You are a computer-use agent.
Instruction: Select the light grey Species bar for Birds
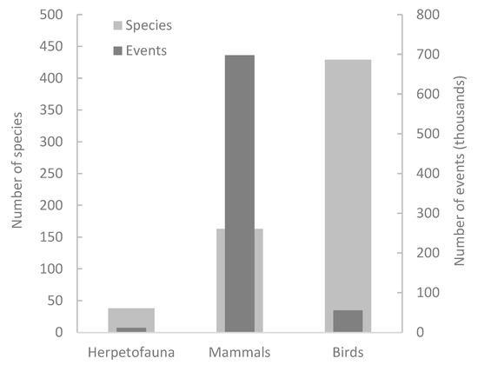point(348,174)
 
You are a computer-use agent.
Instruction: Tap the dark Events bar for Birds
point(348,321)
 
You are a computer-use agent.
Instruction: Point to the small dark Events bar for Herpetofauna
point(131,329)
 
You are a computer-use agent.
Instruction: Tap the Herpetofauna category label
point(131,352)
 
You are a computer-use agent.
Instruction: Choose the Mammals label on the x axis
point(239,352)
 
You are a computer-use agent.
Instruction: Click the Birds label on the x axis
point(348,352)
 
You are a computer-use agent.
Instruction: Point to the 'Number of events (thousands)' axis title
point(461,174)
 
